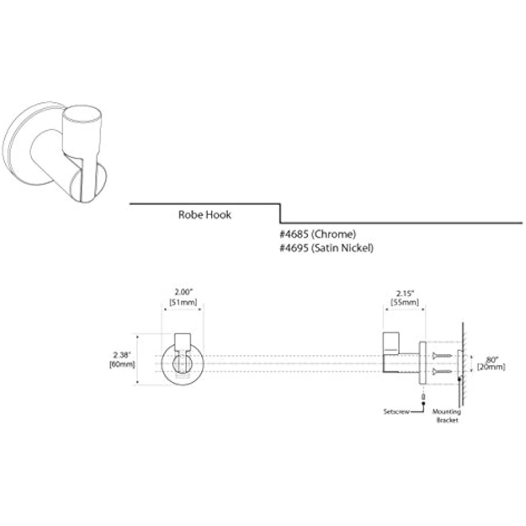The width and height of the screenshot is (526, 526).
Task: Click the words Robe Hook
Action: [x=205, y=215]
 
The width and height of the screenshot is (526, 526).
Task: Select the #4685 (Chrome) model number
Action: [x=318, y=234]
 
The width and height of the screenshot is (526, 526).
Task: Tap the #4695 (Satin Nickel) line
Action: [x=326, y=248]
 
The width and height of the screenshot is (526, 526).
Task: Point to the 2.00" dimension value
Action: [x=183, y=291]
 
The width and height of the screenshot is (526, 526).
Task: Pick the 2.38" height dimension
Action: [x=122, y=355]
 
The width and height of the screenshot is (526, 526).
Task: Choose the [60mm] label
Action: [x=122, y=364]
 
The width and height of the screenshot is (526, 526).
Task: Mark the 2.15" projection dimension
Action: [x=404, y=292]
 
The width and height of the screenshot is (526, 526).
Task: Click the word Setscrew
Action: [x=397, y=411]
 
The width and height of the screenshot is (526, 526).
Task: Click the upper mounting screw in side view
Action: [x=442, y=356]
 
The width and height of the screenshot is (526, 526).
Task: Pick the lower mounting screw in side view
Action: [x=442, y=372]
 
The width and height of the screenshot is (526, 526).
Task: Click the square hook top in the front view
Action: [x=183, y=340]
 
